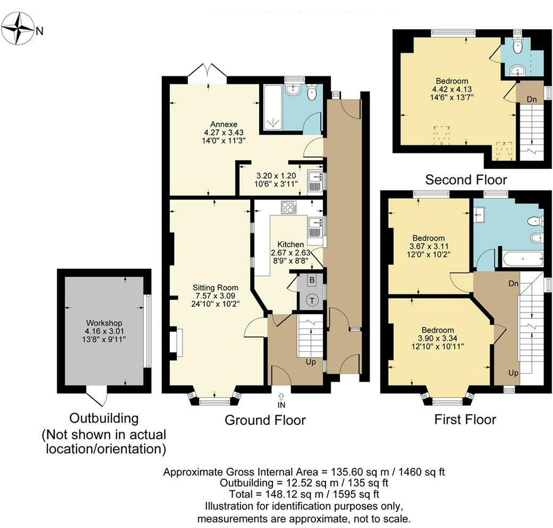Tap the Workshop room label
pyautogui.click(x=104, y=323)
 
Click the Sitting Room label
pyautogui.click(x=215, y=288)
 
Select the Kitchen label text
pyautogui.click(x=291, y=244)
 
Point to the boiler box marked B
pyautogui.click(x=312, y=280)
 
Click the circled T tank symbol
pyautogui.click(x=312, y=301)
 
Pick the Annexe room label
pyautogui.click(x=224, y=124)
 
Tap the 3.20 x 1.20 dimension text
pyautogui.click(x=276, y=176)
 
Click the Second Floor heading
pyautogui.click(x=466, y=180)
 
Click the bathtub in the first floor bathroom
pyautogui.click(x=523, y=259)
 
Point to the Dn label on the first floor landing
pyautogui.click(x=513, y=283)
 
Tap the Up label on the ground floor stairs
pyautogui.click(x=311, y=362)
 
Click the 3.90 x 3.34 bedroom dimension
pyautogui.click(x=437, y=338)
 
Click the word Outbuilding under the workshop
pyautogui.click(x=104, y=418)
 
